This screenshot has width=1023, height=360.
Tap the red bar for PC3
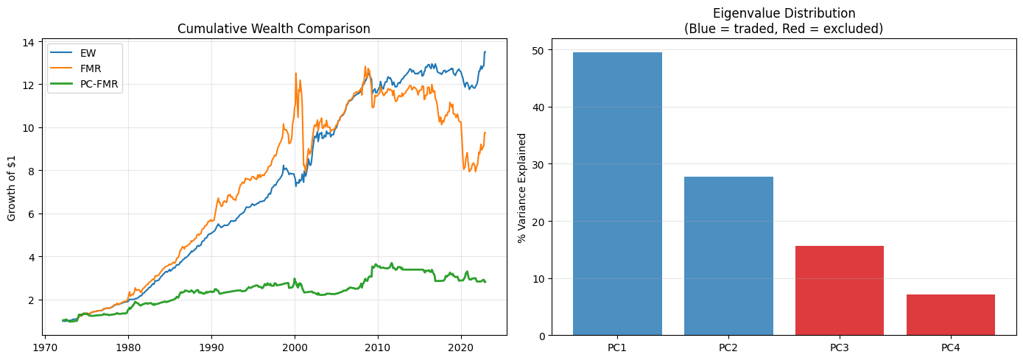pyautogui.click(x=840, y=291)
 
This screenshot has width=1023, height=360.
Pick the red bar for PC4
pyautogui.click(x=950, y=315)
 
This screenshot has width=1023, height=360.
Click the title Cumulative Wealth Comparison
pyautogui.click(x=274, y=29)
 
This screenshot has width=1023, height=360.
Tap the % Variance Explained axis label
pyautogui.click(x=522, y=188)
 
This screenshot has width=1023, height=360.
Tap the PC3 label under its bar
pyautogui.click(x=840, y=348)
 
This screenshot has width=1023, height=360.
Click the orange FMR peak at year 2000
pyautogui.click(x=295, y=73)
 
